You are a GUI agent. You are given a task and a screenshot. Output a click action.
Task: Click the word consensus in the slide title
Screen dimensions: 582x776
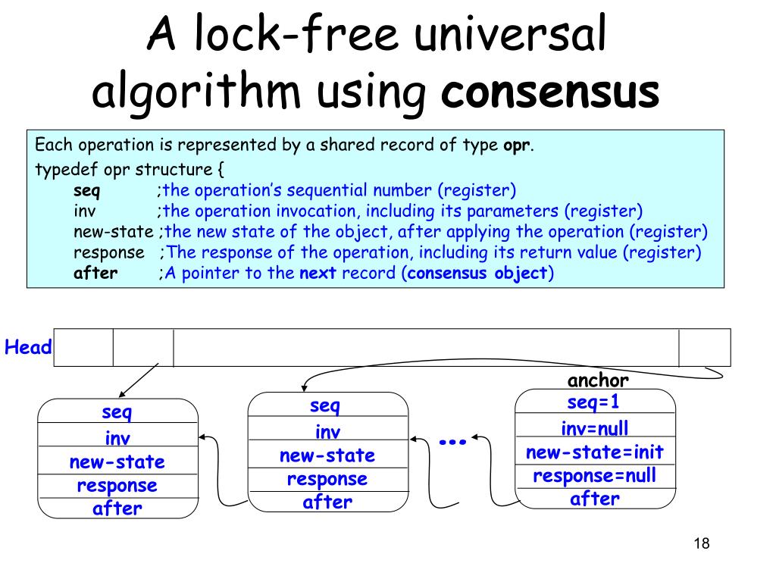(550, 92)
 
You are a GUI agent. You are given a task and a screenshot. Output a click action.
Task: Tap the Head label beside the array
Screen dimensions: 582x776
(28, 348)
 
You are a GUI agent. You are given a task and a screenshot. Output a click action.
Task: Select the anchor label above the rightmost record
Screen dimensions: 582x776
(598, 380)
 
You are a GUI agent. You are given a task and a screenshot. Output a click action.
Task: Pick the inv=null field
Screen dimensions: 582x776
(595, 429)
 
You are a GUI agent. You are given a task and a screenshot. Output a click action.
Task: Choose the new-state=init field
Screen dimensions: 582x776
(595, 452)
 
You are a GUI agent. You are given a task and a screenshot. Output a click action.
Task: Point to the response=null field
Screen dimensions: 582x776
(595, 476)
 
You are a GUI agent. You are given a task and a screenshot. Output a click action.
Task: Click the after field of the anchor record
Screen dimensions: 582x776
(595, 499)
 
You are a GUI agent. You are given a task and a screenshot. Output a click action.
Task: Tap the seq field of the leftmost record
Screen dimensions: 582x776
(117, 413)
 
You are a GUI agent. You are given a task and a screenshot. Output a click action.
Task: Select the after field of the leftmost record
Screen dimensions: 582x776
(117, 508)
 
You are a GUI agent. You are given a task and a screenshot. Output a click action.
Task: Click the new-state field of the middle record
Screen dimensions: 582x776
(327, 455)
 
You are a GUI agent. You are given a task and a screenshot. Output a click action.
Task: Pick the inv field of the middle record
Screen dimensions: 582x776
(327, 432)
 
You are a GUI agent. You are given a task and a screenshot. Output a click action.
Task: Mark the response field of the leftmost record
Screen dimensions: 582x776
(117, 485)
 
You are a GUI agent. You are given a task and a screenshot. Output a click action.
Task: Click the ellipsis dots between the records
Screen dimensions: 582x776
(452, 441)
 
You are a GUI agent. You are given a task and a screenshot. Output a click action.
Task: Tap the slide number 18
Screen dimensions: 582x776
(701, 543)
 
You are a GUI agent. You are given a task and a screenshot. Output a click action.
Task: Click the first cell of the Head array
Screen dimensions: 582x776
(83, 348)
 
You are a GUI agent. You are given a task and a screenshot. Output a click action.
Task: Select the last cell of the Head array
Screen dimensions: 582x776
(705, 348)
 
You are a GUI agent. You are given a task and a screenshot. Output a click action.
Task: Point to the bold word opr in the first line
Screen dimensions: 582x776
(516, 145)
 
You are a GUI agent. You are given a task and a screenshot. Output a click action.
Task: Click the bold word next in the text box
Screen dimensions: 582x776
(313, 274)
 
